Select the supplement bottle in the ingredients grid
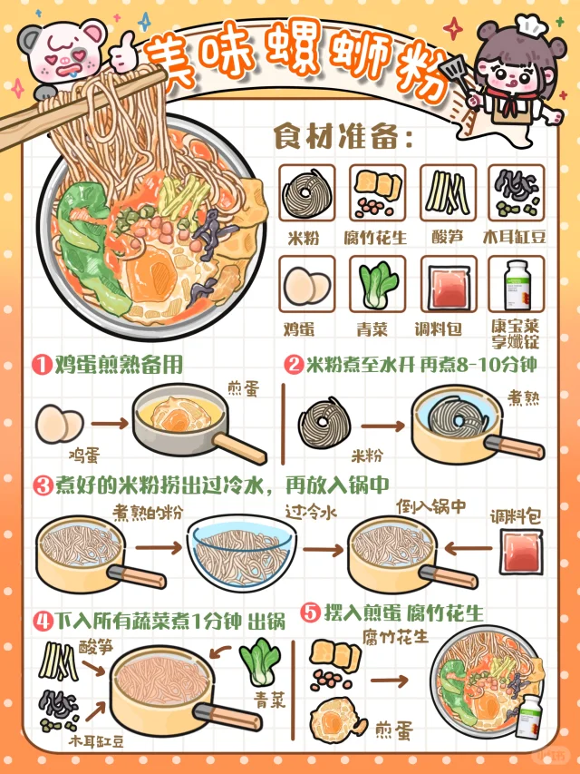pos(516,284)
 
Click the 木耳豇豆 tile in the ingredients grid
pos(516,191)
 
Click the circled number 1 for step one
pos(42,365)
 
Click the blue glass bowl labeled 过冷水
pos(242,549)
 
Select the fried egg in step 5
pos(330,719)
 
